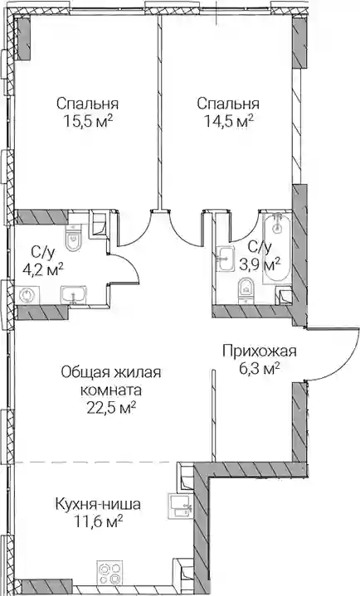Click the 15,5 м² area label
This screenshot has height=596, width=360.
click(88, 122)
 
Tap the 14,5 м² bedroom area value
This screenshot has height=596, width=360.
click(229, 122)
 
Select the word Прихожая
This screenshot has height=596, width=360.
click(259, 351)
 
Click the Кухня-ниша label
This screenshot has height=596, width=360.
click(98, 504)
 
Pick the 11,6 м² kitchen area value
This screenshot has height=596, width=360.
click(99, 522)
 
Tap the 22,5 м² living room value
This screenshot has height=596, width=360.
click(111, 409)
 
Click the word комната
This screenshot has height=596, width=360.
click(111, 390)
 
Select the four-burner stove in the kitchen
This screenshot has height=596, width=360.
click(109, 572)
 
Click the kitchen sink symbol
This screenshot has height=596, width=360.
click(181, 506)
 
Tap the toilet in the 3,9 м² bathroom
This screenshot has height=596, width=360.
click(246, 291)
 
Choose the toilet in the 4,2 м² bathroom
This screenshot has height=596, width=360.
click(73, 238)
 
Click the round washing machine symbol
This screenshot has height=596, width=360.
click(27, 295)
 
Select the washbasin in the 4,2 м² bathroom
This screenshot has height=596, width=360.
click(74, 295)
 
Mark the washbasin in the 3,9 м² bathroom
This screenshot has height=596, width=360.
click(225, 259)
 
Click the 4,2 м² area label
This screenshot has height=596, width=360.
click(43, 270)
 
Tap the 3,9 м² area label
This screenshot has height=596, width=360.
click(260, 263)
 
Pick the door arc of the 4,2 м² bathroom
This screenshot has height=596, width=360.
click(131, 264)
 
